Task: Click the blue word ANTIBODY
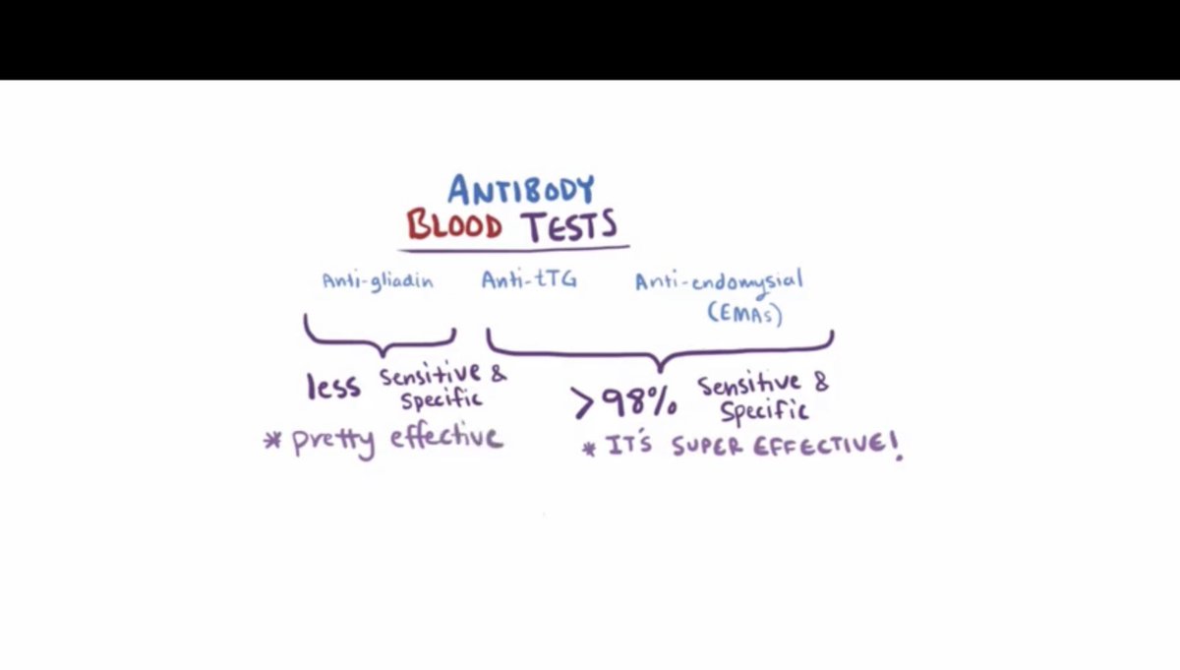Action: (x=521, y=189)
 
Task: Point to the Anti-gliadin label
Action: (x=378, y=280)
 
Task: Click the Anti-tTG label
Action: (x=528, y=280)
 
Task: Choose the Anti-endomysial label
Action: (x=718, y=281)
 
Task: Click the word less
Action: (x=333, y=387)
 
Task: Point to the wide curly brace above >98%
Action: (x=660, y=345)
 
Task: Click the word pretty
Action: (x=333, y=441)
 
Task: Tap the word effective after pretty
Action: (x=445, y=436)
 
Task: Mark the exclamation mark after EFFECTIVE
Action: (x=896, y=448)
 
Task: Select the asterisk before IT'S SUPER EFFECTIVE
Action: (x=589, y=449)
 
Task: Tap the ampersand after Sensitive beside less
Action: (x=498, y=373)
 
